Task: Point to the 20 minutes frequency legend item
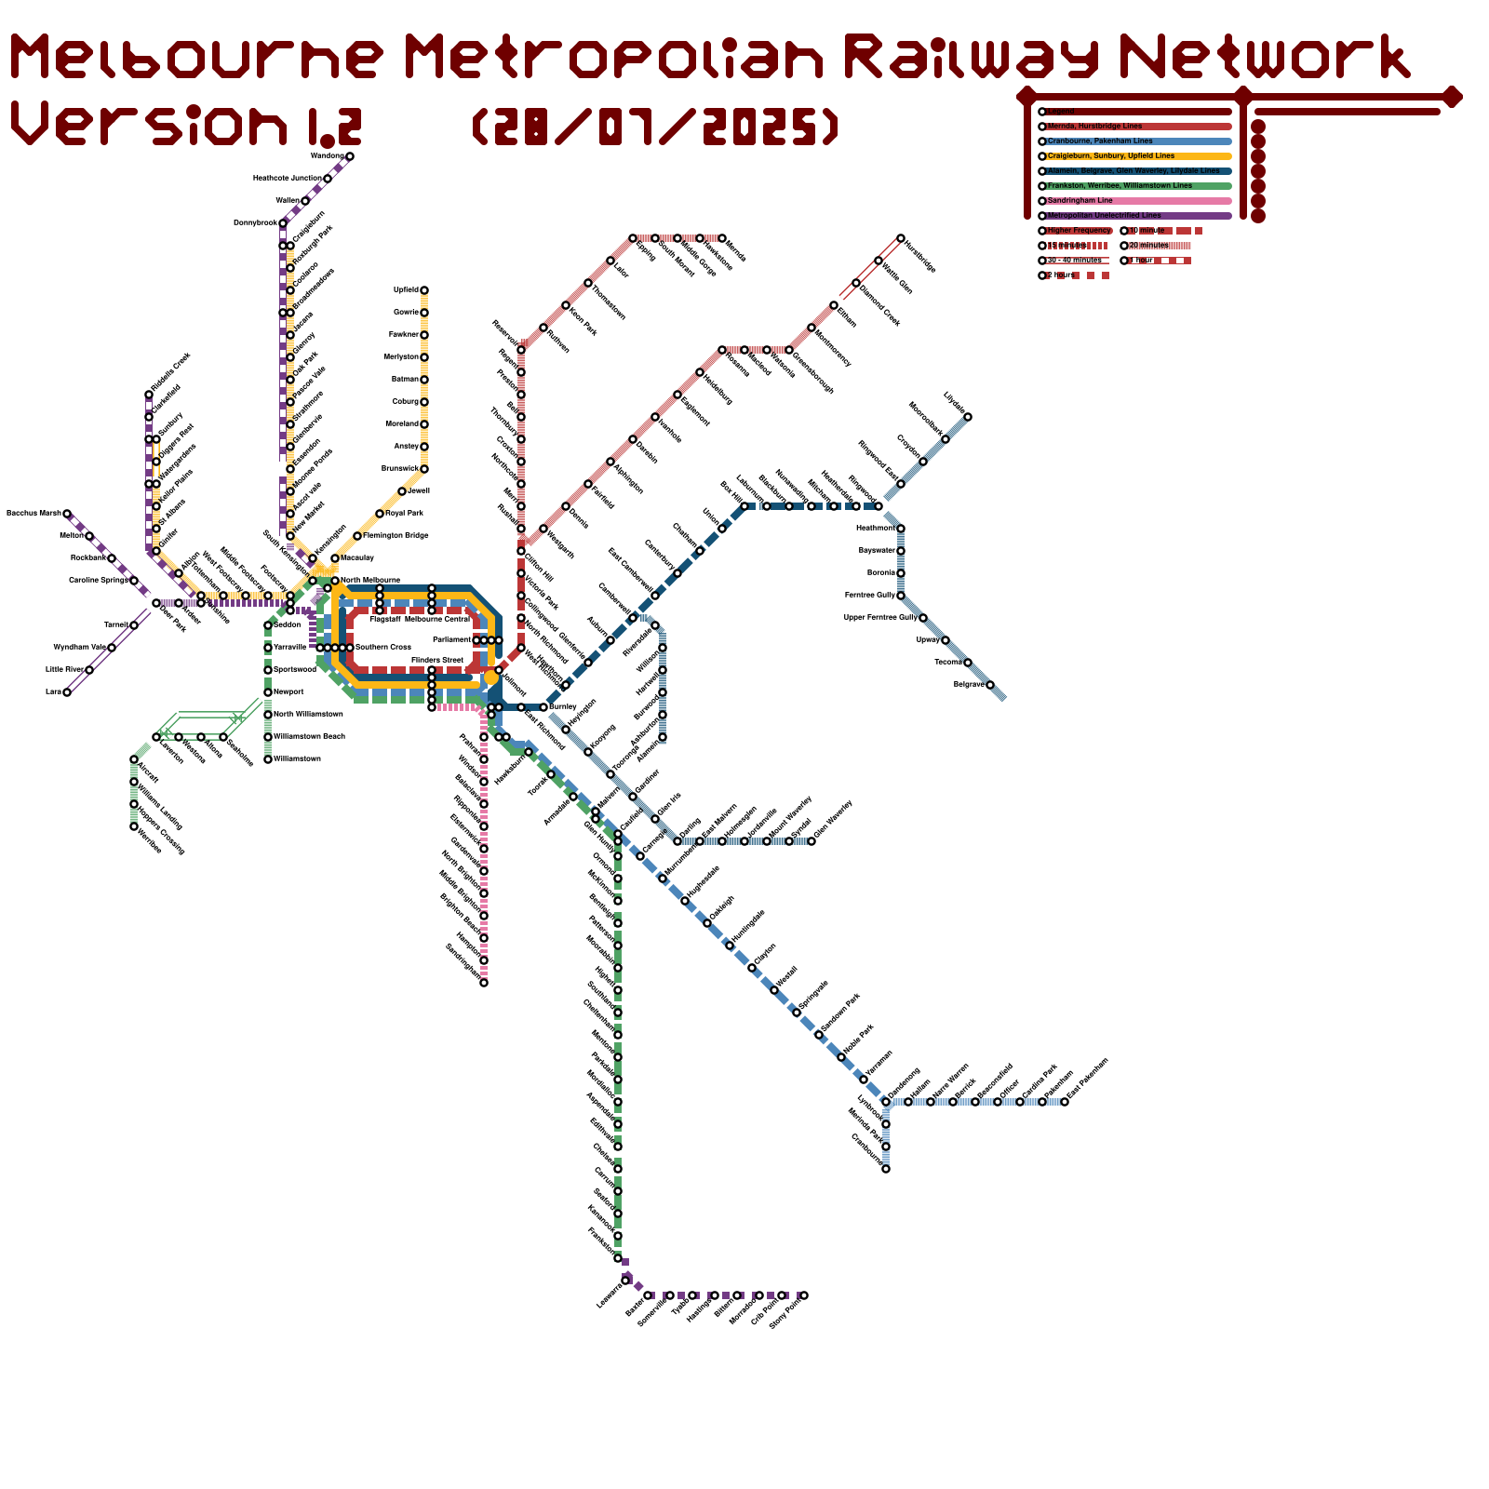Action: click(x=1147, y=245)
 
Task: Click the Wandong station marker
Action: click(x=350, y=156)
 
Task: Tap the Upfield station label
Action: click(x=406, y=290)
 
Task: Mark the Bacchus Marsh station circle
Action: click(x=67, y=514)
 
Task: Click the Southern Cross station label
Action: click(x=383, y=647)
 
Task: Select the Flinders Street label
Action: click(x=437, y=660)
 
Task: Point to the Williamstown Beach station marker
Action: click(x=268, y=737)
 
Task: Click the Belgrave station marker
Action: click(x=990, y=685)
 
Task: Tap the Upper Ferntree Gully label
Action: click(x=880, y=617)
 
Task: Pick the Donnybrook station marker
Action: click(x=283, y=223)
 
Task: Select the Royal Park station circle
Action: click(x=380, y=514)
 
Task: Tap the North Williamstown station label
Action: click(x=309, y=714)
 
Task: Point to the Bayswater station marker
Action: click(x=901, y=551)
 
